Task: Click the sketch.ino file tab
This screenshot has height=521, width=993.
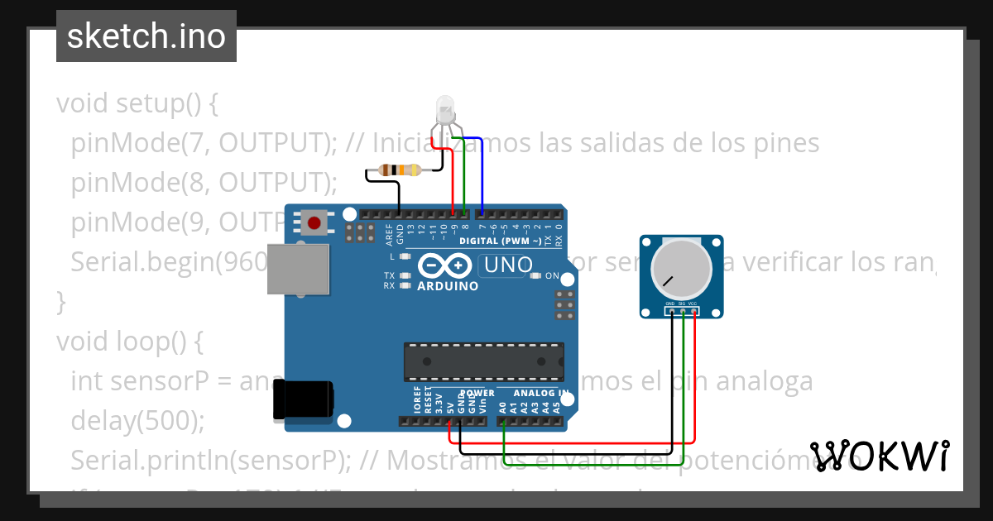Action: (146, 36)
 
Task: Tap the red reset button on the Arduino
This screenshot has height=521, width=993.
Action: (314, 222)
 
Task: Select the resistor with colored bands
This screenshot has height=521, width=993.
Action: (400, 170)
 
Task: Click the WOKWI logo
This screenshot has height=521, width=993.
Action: (880, 455)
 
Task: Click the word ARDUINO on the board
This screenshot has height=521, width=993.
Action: (448, 286)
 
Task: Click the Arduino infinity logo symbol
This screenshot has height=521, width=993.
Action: (447, 265)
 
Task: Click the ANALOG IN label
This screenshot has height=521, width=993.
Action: (540, 393)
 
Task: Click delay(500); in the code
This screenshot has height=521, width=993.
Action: (137, 420)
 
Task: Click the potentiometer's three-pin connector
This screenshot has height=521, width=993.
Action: (683, 311)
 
